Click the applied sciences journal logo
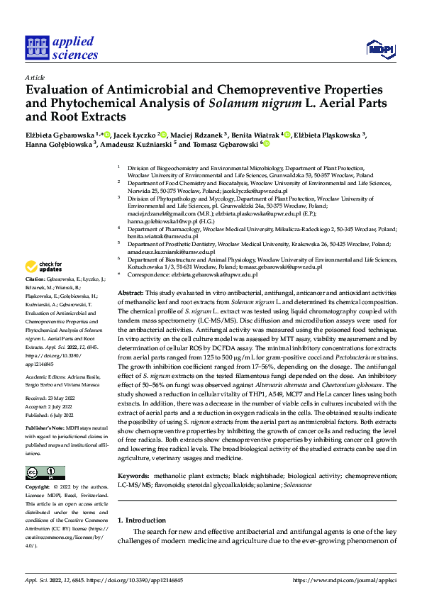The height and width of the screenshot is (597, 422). tap(62, 48)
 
